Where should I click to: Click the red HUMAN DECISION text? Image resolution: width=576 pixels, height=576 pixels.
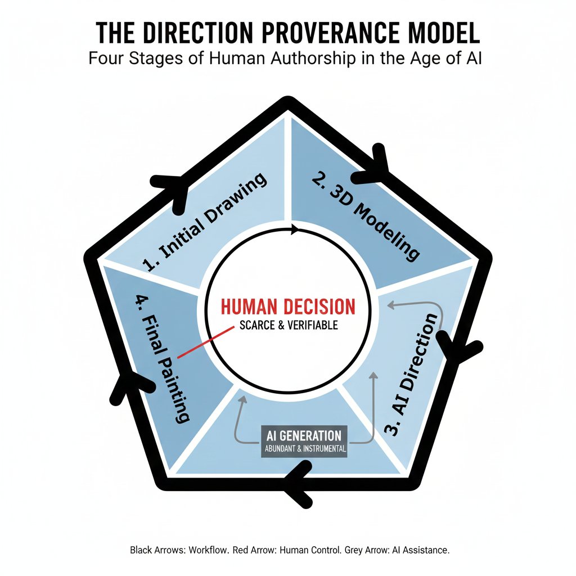tap(288, 307)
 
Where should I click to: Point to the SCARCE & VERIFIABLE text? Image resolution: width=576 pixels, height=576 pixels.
tap(289, 325)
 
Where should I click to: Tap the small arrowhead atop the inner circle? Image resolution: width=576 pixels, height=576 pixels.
tap(292, 229)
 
